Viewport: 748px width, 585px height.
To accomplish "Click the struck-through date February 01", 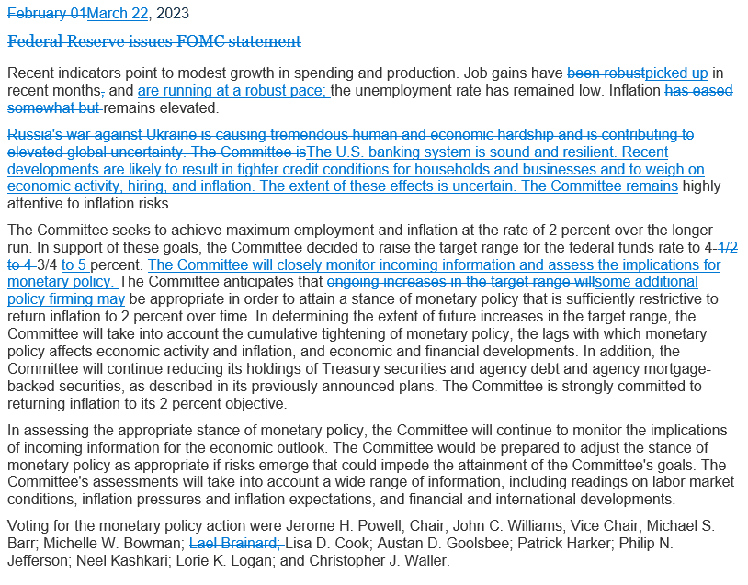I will (x=46, y=14).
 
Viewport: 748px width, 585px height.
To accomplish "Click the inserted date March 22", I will (x=117, y=14).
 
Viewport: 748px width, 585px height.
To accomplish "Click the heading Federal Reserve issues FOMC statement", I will (x=153, y=41).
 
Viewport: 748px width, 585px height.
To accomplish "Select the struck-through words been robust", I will (x=606, y=73).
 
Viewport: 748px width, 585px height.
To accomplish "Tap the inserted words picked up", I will (x=676, y=73).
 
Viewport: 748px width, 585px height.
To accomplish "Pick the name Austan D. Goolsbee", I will (x=423, y=542).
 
